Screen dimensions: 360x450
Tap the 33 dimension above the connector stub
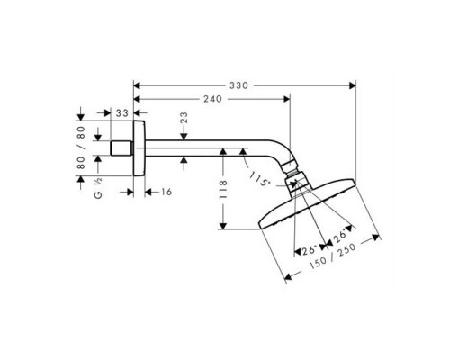(x=121, y=112)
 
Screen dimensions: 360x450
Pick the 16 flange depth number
(x=167, y=191)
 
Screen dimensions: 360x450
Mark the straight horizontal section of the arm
(x=207, y=147)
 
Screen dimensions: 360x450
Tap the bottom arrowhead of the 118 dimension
(x=223, y=227)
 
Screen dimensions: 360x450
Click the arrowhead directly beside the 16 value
(x=148, y=191)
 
